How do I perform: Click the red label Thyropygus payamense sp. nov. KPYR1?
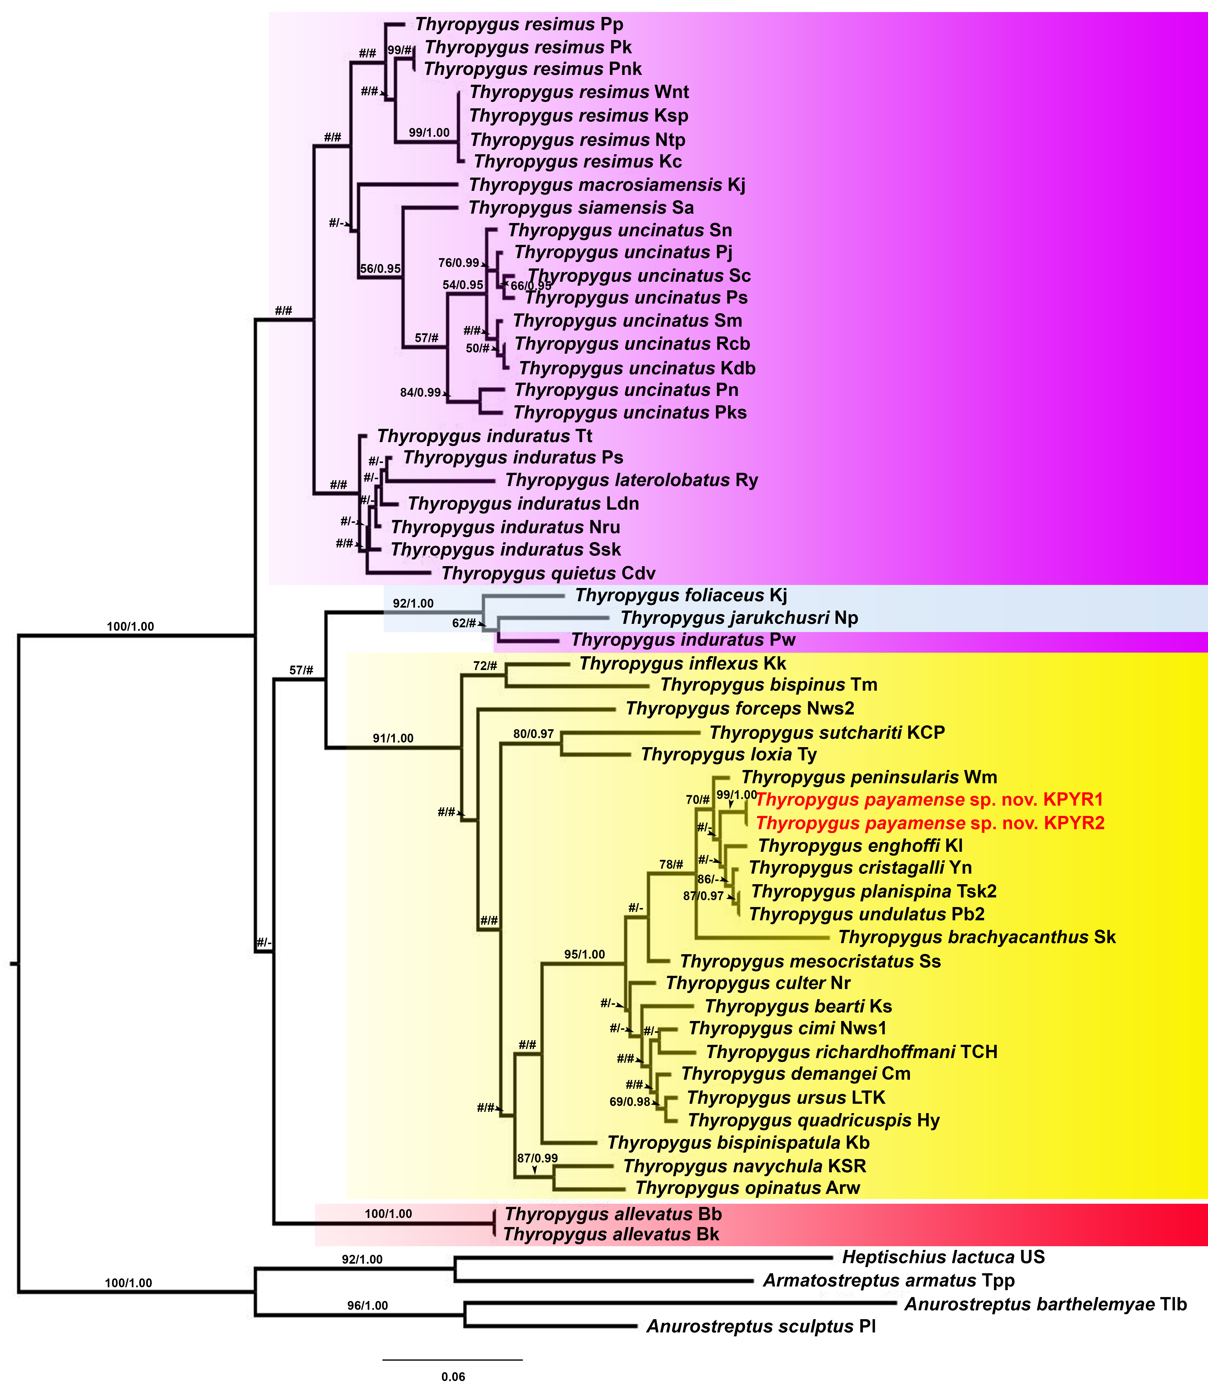[x=929, y=800]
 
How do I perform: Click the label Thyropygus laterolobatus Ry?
[x=632, y=480]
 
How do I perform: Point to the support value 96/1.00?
[x=367, y=1306]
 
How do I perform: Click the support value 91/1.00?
[x=393, y=738]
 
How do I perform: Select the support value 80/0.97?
[x=533, y=733]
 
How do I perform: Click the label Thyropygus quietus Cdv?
[x=548, y=573]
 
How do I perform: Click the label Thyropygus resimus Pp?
[x=519, y=24]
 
